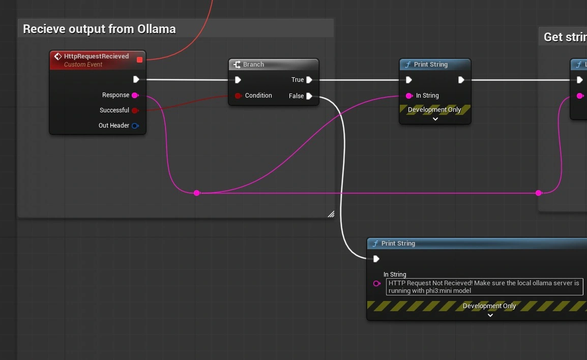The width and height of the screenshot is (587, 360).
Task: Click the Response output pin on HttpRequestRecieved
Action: (135, 95)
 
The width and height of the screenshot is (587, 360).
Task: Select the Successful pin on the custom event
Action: (135, 110)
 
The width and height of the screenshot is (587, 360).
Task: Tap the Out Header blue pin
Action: (135, 126)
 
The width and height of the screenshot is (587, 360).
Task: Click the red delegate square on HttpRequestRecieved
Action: (140, 60)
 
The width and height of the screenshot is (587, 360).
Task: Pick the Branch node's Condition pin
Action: (238, 96)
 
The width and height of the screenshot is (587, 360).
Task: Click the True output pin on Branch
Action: (309, 80)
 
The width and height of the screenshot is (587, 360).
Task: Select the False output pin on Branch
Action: (309, 96)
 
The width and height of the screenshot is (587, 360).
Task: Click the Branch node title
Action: (253, 65)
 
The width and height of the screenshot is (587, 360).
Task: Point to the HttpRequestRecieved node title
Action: (96, 56)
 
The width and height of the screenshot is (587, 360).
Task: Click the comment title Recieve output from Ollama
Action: (99, 29)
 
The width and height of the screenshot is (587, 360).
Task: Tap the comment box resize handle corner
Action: (331, 214)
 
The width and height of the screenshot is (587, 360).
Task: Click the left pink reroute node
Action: (197, 193)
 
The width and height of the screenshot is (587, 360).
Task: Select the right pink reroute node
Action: (539, 193)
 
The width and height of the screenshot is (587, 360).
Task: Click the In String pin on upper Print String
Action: (409, 96)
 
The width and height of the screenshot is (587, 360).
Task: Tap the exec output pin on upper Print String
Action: (461, 80)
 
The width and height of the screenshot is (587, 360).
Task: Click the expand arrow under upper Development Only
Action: (435, 119)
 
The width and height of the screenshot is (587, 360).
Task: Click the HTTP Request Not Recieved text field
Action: (484, 287)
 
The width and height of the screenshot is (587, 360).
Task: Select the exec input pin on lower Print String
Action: (376, 259)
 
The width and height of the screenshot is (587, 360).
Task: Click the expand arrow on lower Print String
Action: (490, 315)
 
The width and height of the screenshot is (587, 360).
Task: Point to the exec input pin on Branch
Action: (238, 80)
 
